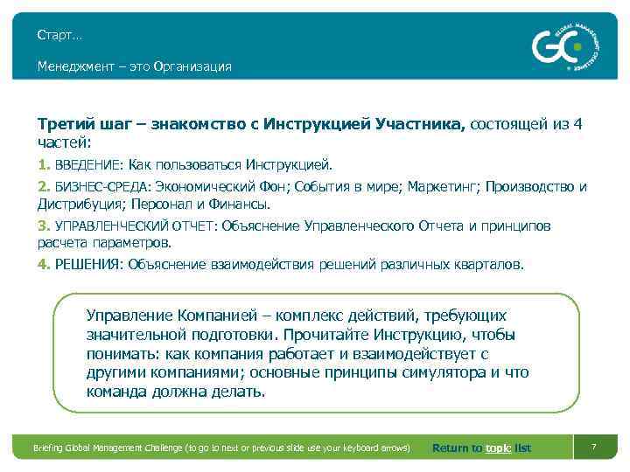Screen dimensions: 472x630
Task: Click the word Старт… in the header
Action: coord(59,35)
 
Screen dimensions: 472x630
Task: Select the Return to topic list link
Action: coord(481,448)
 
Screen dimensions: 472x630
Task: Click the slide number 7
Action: coord(593,448)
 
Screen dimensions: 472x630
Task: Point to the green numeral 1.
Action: coord(43,163)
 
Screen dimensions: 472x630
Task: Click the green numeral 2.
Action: coord(43,187)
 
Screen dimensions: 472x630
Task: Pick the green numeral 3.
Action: coord(43,226)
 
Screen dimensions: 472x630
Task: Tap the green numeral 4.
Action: coord(43,264)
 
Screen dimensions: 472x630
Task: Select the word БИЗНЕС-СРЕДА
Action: coord(101,187)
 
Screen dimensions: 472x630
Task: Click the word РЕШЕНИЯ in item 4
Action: coord(88,264)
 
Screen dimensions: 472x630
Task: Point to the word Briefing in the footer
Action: coord(50,448)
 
